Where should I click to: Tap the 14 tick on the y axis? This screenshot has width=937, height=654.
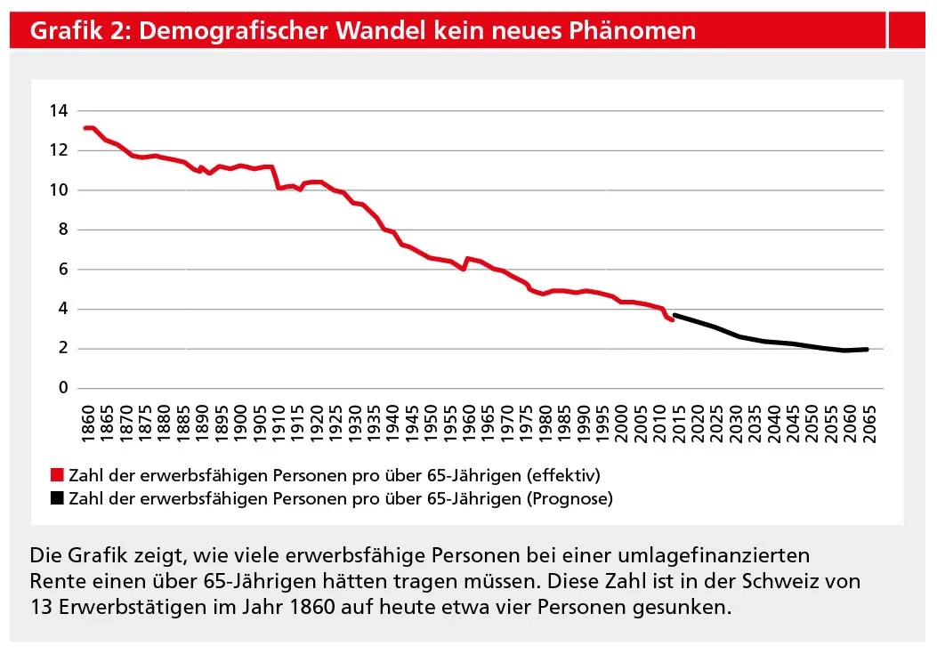point(59,111)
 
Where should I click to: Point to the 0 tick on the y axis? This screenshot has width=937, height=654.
point(63,389)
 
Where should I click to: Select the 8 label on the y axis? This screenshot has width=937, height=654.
point(63,230)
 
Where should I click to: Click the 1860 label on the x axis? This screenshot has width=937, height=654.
point(87,416)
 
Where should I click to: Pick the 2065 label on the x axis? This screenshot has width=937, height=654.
point(869,416)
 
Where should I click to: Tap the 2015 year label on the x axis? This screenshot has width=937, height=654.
point(678,416)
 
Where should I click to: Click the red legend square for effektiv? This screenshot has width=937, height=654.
point(58,473)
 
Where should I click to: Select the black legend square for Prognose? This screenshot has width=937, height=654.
point(58,498)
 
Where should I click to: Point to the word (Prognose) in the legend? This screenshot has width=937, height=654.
point(569,498)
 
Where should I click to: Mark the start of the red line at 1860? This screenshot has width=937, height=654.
point(85,128)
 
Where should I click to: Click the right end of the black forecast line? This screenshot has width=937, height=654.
point(867,350)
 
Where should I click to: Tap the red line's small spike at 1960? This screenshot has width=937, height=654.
point(467,259)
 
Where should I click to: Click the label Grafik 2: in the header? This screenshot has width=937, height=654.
point(80,32)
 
